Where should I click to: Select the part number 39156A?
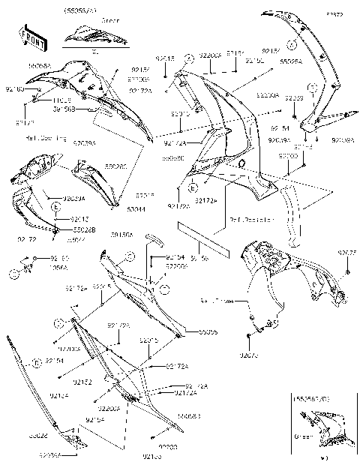click(121, 235)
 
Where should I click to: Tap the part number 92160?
click(15, 89)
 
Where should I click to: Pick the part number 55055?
click(208, 331)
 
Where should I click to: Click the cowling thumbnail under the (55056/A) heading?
click(88, 35)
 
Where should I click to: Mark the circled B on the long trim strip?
click(34, 362)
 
